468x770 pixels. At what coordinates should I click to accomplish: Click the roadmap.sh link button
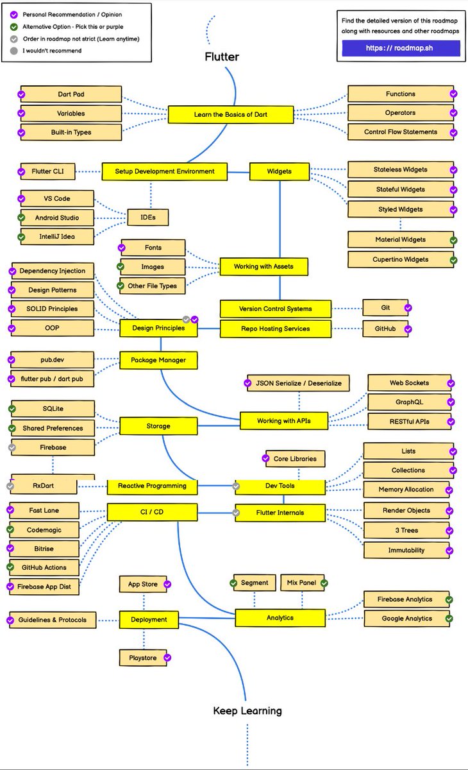(x=401, y=48)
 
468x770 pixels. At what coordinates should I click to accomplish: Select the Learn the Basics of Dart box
(x=231, y=115)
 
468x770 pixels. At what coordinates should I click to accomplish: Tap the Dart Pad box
(x=71, y=94)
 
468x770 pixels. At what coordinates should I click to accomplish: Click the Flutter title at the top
(x=222, y=56)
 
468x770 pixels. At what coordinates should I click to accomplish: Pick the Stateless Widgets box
(x=400, y=170)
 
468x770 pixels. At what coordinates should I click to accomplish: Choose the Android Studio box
(x=57, y=218)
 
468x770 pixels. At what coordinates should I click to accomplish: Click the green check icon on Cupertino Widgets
(x=453, y=261)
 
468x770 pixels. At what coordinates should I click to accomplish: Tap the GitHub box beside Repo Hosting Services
(x=386, y=329)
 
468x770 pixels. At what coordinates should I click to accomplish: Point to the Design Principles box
(x=158, y=328)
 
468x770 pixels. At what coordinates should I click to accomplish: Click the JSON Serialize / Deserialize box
(x=298, y=383)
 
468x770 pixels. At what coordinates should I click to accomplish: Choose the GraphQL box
(x=408, y=402)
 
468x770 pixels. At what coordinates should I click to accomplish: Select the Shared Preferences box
(x=53, y=428)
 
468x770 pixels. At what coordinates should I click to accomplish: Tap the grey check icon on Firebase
(x=12, y=447)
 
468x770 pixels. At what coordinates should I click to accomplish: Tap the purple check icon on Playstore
(x=168, y=658)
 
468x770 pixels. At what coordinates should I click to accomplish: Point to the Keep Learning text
(x=247, y=711)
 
